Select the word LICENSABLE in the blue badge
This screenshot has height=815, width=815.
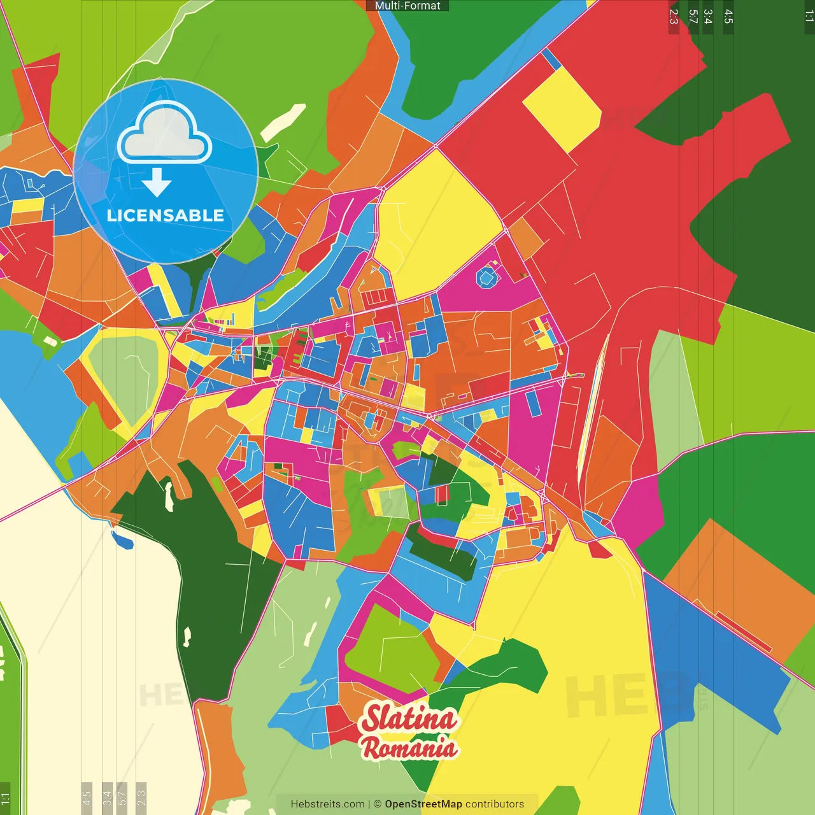click(165, 216)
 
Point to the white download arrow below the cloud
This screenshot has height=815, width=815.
click(157, 182)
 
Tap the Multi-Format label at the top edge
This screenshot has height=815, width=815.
click(407, 6)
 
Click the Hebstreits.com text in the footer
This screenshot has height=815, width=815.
click(327, 804)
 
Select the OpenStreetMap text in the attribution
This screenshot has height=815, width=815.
click(423, 804)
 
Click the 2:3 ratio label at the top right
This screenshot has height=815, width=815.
click(674, 17)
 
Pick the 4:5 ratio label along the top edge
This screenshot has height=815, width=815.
click(728, 17)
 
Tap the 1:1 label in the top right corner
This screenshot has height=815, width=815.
click(809, 15)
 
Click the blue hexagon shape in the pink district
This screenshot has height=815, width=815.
click(487, 278)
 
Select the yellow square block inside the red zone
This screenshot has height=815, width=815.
click(562, 110)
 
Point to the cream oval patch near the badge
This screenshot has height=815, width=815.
click(283, 122)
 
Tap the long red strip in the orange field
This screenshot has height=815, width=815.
click(743, 632)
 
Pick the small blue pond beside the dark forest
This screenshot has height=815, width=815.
click(122, 540)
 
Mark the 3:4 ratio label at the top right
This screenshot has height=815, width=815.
click(707, 17)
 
